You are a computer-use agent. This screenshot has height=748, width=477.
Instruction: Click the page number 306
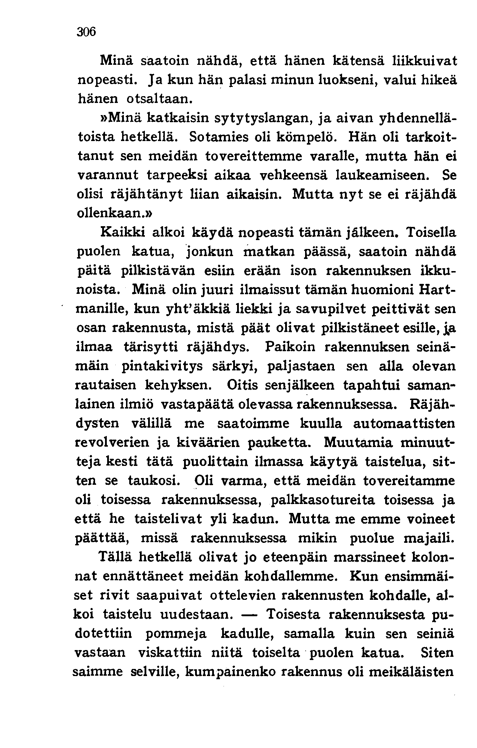87,32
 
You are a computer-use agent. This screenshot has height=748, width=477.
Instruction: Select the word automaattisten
404,424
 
